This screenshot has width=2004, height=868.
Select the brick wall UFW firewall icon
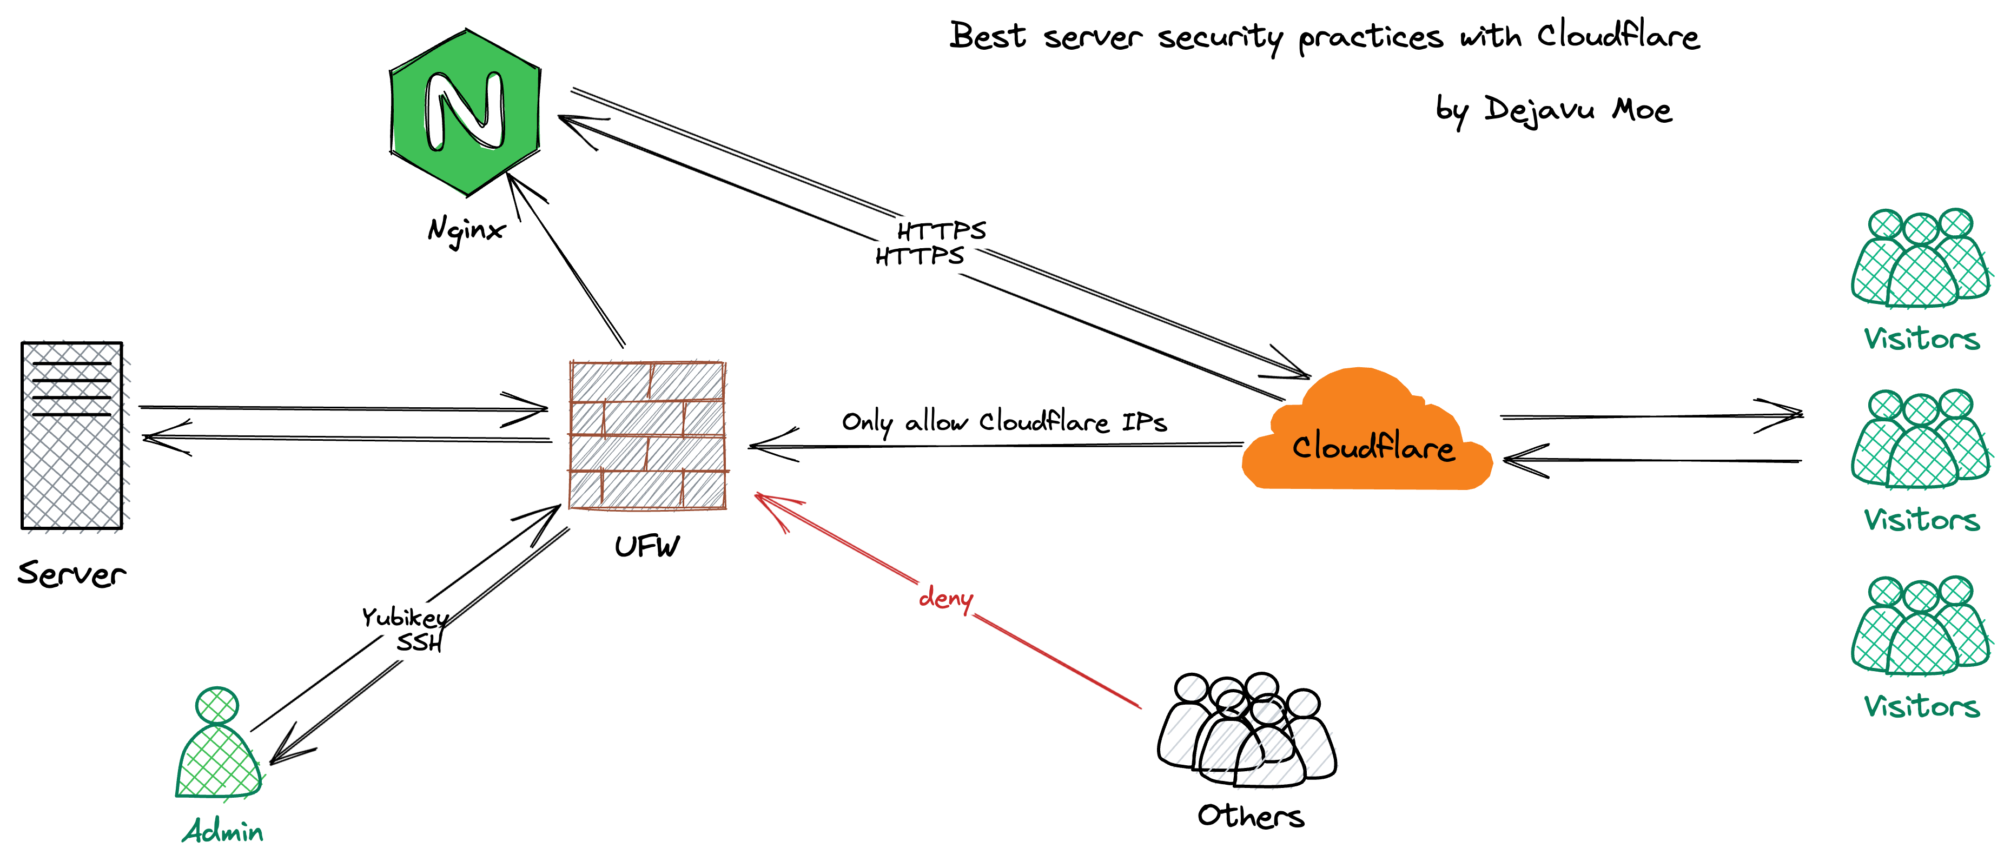647,435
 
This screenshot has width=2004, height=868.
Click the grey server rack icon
71,435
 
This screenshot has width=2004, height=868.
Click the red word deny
945,598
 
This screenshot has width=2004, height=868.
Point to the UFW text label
646,547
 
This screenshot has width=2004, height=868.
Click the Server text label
71,574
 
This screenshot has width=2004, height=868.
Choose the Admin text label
223,831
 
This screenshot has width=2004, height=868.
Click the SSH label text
419,643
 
